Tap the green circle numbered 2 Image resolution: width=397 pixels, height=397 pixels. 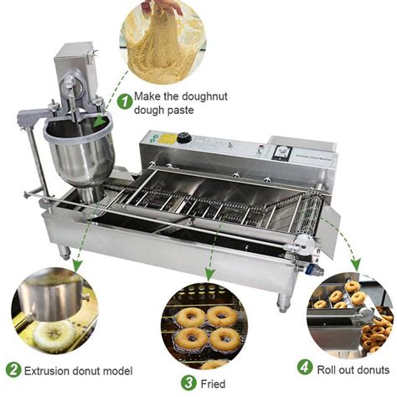[x=13, y=369]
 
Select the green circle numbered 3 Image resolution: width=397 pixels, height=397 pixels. [x=190, y=384]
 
